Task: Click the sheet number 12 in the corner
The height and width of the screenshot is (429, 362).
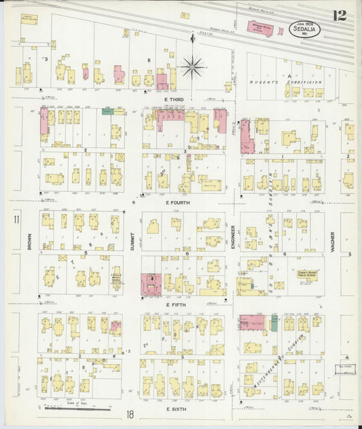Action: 340,14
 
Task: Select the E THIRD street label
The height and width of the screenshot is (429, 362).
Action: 175,99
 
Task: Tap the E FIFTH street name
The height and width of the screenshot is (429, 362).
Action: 176,305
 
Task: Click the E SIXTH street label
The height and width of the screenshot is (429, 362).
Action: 177,409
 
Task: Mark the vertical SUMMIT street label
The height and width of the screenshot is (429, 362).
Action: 133,242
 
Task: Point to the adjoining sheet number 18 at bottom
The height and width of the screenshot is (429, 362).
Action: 128,413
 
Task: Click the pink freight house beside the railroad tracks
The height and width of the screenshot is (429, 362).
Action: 259,29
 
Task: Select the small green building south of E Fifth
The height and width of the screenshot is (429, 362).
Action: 274,322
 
